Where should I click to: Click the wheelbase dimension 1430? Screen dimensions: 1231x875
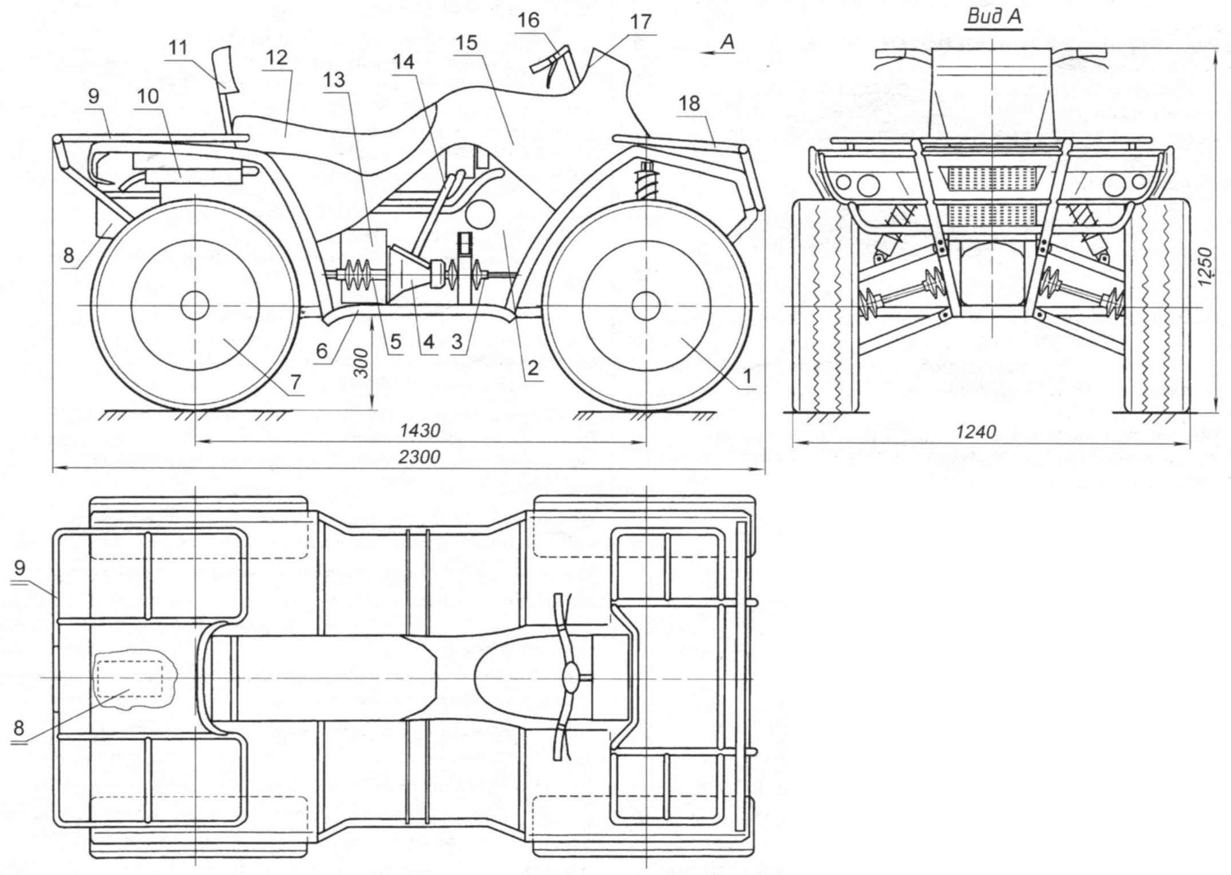[x=420, y=430]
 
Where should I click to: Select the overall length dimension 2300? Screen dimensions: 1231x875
[x=420, y=457]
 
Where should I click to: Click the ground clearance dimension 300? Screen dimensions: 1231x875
[x=362, y=363]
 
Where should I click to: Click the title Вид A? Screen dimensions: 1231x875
[x=993, y=17]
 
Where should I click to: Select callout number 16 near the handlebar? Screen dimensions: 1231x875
[x=528, y=21]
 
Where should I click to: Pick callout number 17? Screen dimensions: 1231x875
[x=640, y=22]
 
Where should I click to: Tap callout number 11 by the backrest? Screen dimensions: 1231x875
[x=178, y=47]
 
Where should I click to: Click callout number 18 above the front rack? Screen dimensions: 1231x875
[x=689, y=104]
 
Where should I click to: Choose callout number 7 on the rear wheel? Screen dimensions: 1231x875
[x=295, y=382]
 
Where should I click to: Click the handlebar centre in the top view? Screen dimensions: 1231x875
[x=571, y=678]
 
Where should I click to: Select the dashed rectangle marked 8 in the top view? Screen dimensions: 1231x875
[x=129, y=678]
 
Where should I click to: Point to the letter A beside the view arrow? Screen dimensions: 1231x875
[x=727, y=42]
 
